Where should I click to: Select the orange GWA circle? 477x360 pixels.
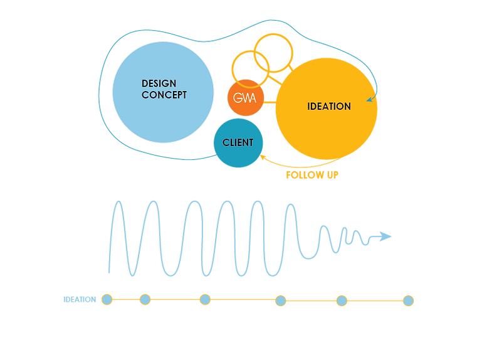246,97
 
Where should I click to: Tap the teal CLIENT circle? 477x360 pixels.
238,143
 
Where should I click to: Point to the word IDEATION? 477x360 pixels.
328,106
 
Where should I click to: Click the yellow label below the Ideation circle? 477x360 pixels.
312,175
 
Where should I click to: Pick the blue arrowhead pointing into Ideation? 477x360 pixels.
370,98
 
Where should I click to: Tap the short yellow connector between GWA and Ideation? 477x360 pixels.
270,98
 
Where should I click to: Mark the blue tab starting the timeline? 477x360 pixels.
79,299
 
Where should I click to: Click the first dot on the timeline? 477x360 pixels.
107,299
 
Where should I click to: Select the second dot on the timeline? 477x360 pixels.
145,299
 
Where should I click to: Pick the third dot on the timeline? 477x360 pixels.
205,299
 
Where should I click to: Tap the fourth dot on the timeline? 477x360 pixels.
281,300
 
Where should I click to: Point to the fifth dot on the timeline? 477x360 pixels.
342,300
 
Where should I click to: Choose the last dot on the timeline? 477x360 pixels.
408,300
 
